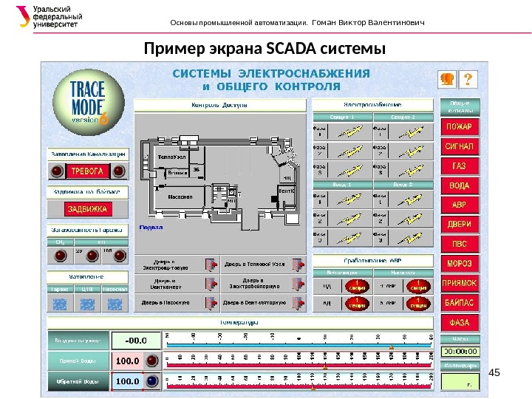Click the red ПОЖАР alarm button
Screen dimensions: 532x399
460,126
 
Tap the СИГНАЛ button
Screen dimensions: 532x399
460,146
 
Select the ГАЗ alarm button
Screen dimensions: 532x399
460,166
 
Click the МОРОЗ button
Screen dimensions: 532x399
460,264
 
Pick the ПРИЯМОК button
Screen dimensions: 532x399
460,283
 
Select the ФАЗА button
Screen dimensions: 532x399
460,323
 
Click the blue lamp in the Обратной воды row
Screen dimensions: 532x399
151,381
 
